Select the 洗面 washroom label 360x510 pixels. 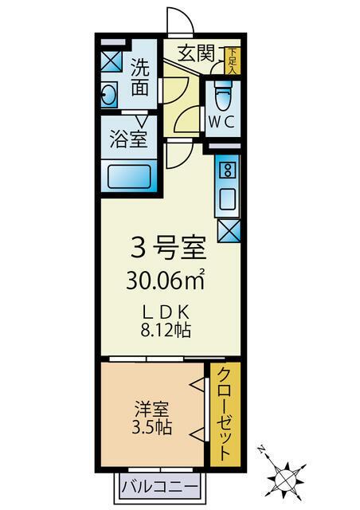coord(140,79)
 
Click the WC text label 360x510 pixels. coord(221,122)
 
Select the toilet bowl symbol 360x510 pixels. coord(221,98)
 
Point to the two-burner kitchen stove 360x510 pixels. coord(227,169)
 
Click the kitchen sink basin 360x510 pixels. coord(227,197)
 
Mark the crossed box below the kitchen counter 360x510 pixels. coord(227,231)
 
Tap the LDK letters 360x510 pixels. coord(168,311)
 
